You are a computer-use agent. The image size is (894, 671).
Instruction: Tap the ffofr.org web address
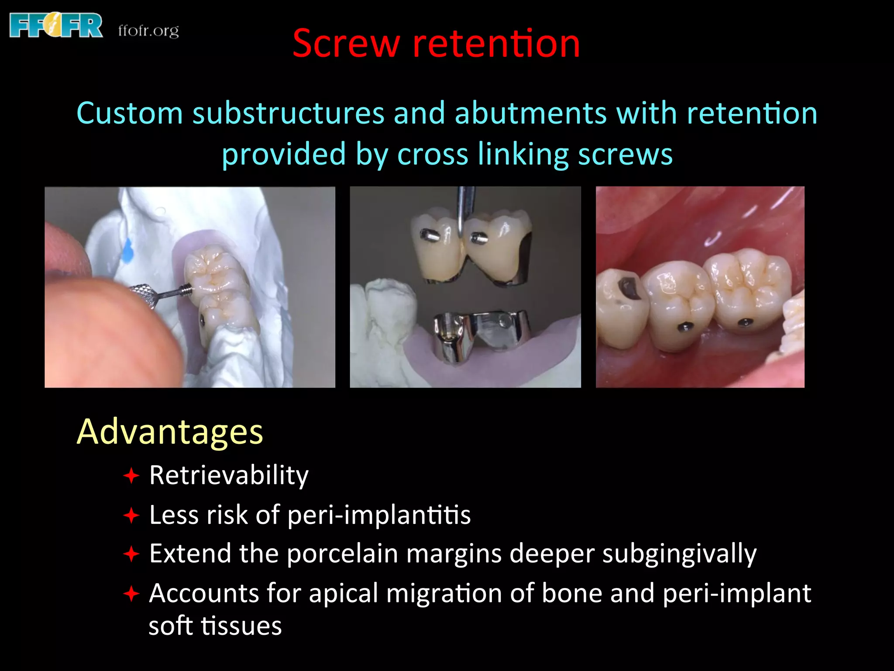point(148,31)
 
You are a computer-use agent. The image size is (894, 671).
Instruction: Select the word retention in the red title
point(496,44)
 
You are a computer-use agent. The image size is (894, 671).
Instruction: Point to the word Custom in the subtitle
point(129,114)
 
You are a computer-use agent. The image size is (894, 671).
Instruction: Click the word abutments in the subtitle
point(530,114)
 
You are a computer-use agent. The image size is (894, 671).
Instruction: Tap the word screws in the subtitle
point(625,155)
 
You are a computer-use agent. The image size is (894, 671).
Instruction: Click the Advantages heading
point(170,432)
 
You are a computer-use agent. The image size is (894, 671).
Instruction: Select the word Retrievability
point(229,475)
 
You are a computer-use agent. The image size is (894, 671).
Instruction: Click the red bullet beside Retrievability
point(131,476)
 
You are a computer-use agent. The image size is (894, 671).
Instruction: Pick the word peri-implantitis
point(379,515)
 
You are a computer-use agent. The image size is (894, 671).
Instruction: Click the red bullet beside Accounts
point(131,594)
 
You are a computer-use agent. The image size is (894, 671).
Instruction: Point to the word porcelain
point(342,554)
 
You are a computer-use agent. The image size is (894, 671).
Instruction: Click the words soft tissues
point(215,626)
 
